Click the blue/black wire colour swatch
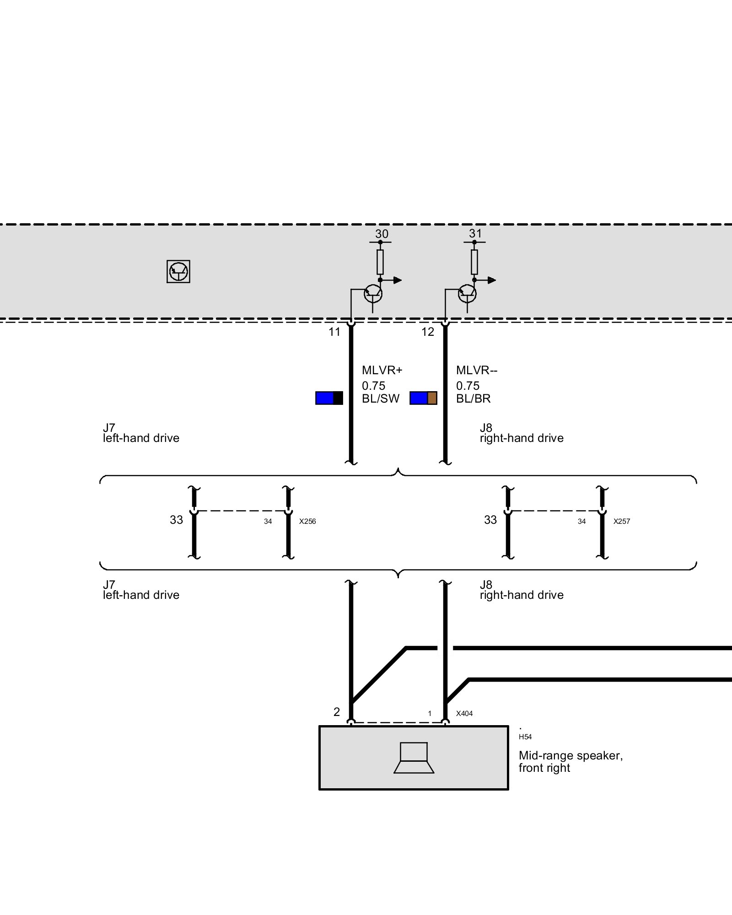329,398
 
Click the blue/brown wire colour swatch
423,398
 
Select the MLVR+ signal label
382,370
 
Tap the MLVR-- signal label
477,370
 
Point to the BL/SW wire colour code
381,399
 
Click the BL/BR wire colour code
474,399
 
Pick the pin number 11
334,332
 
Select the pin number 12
428,332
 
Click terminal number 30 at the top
382,234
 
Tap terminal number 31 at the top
475,234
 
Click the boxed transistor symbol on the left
178,272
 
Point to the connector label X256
307,522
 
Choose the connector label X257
622,522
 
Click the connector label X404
464,714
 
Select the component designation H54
525,737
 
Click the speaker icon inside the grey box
414,758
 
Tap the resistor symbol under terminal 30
380,262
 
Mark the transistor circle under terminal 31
467,293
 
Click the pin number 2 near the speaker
337,712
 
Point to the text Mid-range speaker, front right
571,762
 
